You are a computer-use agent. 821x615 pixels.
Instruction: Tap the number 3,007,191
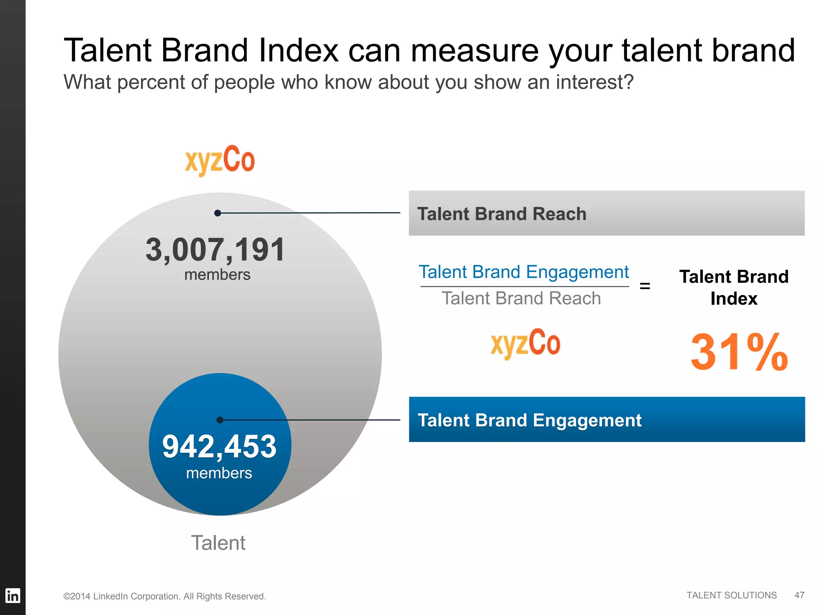(x=215, y=250)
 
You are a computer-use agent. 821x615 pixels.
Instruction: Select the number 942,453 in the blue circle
(x=219, y=446)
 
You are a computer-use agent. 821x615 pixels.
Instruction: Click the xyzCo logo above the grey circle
(x=220, y=160)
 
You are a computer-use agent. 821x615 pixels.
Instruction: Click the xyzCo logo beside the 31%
(x=525, y=343)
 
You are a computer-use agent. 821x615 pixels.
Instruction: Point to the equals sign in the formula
(x=645, y=286)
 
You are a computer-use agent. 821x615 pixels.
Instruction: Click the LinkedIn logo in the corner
(x=12, y=596)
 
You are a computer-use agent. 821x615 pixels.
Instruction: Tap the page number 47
(x=799, y=595)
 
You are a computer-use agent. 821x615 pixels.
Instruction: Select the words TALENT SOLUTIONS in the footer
(x=731, y=595)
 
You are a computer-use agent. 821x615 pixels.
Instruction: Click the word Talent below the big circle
(x=218, y=543)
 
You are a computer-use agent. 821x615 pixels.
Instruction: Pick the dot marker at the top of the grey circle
(x=218, y=213)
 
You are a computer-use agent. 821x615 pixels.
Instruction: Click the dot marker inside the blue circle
(x=220, y=420)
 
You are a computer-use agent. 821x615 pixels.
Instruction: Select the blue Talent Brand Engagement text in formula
(x=524, y=272)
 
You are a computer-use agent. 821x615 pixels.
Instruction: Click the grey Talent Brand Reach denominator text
(x=521, y=299)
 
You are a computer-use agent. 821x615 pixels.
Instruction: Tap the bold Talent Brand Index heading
(x=734, y=287)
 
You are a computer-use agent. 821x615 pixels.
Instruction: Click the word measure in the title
(x=475, y=51)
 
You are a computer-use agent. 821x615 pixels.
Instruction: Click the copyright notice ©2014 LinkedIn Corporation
(x=164, y=596)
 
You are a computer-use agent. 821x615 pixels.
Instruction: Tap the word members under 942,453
(x=219, y=473)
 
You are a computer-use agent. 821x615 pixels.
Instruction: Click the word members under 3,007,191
(x=217, y=275)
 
